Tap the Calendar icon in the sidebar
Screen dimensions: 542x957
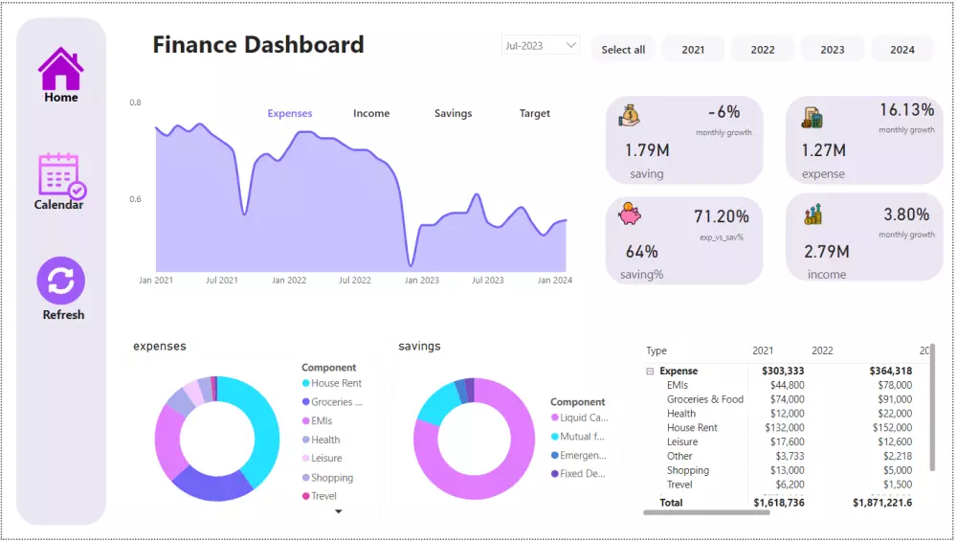click(60, 175)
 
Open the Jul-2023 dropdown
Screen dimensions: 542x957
click(541, 45)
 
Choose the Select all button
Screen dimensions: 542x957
click(623, 50)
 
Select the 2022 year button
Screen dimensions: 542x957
click(763, 50)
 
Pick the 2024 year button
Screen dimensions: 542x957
click(901, 50)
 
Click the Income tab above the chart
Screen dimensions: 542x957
click(371, 113)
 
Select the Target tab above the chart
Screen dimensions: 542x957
click(535, 113)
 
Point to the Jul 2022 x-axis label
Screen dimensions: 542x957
click(354, 281)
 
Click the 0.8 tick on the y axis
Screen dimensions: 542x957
click(136, 102)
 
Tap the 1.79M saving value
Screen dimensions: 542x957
click(647, 150)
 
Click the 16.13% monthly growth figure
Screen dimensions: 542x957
click(906, 110)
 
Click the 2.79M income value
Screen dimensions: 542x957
click(827, 252)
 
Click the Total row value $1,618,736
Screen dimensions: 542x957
click(778, 502)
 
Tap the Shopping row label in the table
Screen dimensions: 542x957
click(688, 470)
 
